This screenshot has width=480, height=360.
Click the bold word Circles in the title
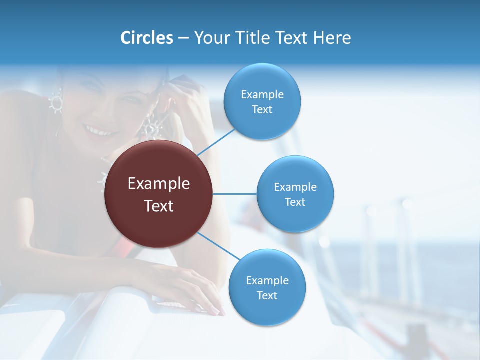(x=146, y=38)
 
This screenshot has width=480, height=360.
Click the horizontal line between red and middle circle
(x=234, y=194)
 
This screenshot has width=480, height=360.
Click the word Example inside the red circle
(x=158, y=184)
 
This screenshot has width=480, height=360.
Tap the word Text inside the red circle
(x=158, y=206)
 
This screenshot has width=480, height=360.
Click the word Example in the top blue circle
(x=262, y=94)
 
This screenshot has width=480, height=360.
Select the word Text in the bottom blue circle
(x=267, y=295)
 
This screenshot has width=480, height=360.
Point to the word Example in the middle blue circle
(x=295, y=187)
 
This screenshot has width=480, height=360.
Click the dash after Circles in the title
(x=183, y=38)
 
